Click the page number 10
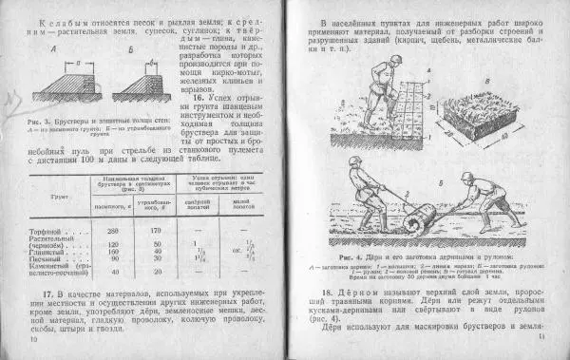[35, 339]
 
